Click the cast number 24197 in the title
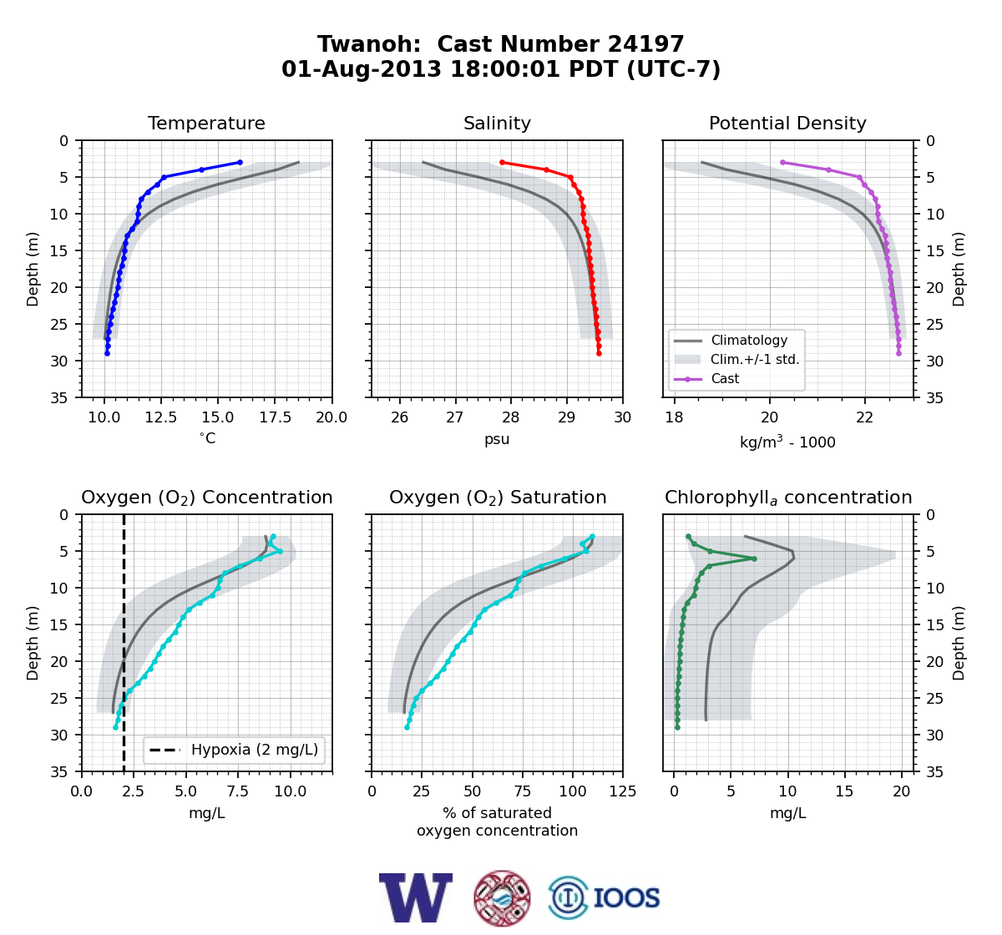645,44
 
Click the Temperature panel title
206,123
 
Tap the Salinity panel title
497,123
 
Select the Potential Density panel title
787,123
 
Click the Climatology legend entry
749,340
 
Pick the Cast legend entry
725,378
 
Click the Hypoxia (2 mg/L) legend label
255,750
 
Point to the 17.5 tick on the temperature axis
275,417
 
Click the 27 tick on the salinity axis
455,417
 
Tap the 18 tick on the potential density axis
675,417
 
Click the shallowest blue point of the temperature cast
240,163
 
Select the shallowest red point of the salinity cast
502,163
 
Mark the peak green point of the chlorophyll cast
754,558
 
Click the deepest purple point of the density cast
898,353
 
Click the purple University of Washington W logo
416,897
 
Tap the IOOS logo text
626,898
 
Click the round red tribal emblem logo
502,898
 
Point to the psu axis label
497,439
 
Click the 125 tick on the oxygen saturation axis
623,791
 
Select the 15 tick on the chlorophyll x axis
844,791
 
